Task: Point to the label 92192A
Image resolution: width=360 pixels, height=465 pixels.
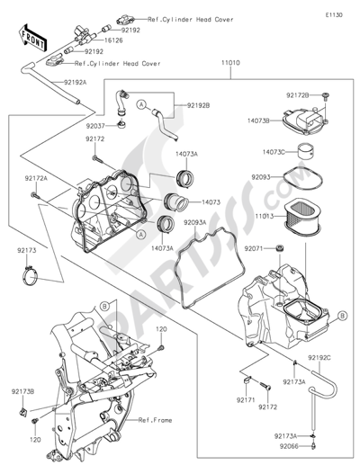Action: [x=76, y=82]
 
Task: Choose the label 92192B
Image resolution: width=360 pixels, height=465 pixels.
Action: [x=199, y=105]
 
